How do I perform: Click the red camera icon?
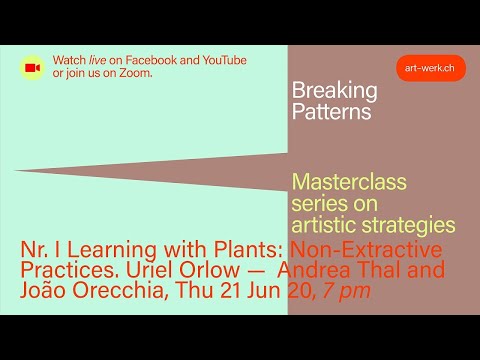point(32,68)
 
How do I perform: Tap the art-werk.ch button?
point(430,68)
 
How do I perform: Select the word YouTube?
point(223,61)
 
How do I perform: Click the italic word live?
point(99,61)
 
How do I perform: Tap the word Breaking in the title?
point(334,91)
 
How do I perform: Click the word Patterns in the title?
point(331,112)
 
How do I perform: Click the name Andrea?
point(315,270)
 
